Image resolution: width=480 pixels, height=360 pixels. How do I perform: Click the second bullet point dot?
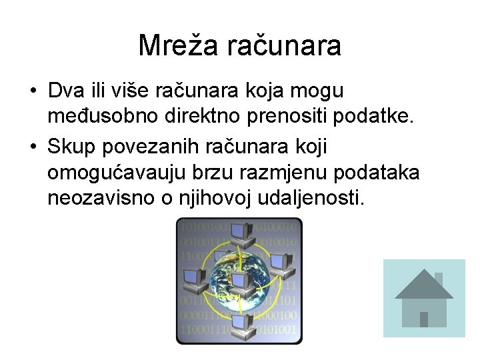pos(33,146)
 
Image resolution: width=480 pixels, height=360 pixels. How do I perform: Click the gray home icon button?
pos(425,298)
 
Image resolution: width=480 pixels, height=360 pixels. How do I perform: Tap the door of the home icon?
pos(424,319)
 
